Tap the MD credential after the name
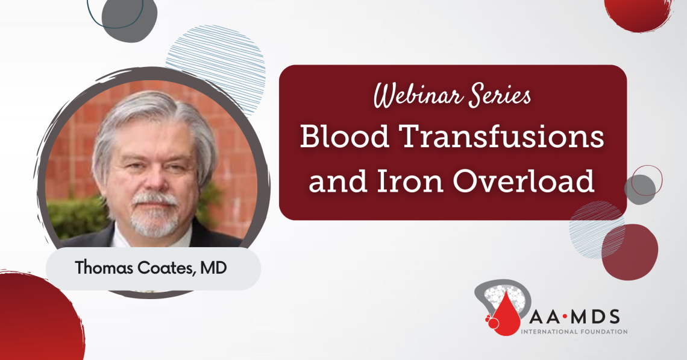tap(215, 268)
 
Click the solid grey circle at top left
tap(129, 17)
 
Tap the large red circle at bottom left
tap(33, 323)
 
